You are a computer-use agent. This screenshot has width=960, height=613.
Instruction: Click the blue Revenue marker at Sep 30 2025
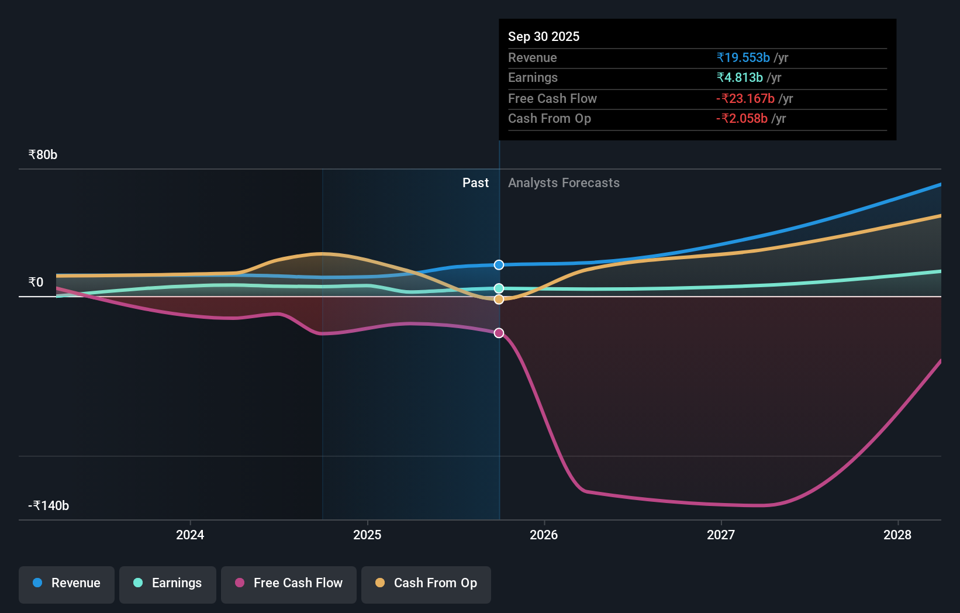pos(499,265)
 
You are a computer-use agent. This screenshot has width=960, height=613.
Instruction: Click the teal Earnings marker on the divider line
pos(499,288)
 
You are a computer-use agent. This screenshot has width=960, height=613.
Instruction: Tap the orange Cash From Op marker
pos(499,299)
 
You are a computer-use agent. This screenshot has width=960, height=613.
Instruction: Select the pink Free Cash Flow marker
pos(499,333)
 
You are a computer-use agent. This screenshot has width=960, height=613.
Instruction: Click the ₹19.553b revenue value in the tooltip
pos(743,58)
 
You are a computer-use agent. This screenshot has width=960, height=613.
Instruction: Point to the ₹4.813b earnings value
pos(740,78)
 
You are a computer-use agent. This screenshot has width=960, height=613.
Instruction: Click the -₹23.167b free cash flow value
pos(745,99)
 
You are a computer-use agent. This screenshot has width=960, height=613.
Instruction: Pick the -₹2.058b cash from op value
pos(741,119)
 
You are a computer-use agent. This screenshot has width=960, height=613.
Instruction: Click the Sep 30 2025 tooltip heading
pos(543,37)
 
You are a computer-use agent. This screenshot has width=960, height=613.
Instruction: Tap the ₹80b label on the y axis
pos(43,155)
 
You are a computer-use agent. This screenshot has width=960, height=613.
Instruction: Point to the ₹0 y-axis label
pos(36,283)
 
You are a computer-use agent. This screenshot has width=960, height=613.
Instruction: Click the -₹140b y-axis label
pos(49,506)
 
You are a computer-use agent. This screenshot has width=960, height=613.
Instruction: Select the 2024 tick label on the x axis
pos(190,535)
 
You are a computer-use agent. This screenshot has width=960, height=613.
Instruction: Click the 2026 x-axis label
pos(544,535)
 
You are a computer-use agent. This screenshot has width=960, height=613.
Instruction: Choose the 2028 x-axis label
pos(897,535)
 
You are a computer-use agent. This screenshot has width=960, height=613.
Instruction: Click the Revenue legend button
pos(67,583)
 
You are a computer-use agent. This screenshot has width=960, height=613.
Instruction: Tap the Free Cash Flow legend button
pos(289,583)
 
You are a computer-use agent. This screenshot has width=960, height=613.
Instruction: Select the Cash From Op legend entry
pos(426,583)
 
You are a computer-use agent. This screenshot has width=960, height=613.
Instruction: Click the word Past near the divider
pos(475,183)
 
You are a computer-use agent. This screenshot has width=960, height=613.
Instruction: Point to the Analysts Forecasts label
pos(564,183)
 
